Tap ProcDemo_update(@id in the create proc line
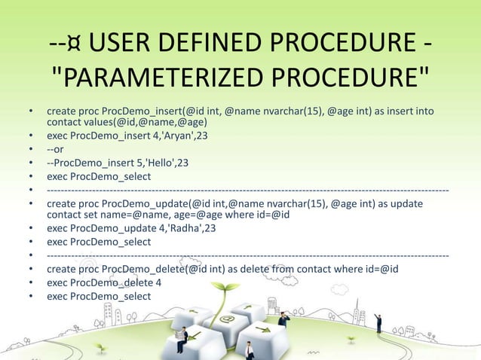pos(149,203)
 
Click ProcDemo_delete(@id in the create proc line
pos(146,269)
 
